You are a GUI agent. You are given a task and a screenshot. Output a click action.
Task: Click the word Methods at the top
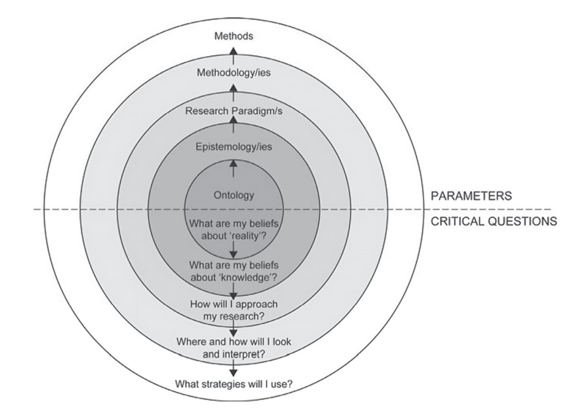(x=233, y=37)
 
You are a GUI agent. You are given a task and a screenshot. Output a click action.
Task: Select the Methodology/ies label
(x=233, y=73)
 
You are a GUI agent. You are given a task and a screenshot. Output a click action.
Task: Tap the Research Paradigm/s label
(x=233, y=110)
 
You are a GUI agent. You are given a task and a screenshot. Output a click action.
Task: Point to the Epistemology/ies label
(x=233, y=147)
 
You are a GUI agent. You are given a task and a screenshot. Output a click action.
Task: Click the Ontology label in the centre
(x=233, y=195)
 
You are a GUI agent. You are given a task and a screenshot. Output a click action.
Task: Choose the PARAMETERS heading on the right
(x=471, y=196)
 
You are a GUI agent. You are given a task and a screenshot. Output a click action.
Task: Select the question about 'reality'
(x=233, y=229)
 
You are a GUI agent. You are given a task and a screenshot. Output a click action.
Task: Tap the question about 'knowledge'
(x=233, y=271)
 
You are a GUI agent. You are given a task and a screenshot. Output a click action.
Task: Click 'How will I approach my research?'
(x=233, y=309)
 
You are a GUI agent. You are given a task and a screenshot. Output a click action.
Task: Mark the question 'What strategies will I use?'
(x=233, y=384)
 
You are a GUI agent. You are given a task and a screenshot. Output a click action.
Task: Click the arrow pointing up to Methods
(x=233, y=54)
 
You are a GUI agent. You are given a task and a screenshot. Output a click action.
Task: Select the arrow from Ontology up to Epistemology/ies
(x=233, y=168)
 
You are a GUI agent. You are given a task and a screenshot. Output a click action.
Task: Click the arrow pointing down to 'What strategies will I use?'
(x=233, y=367)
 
